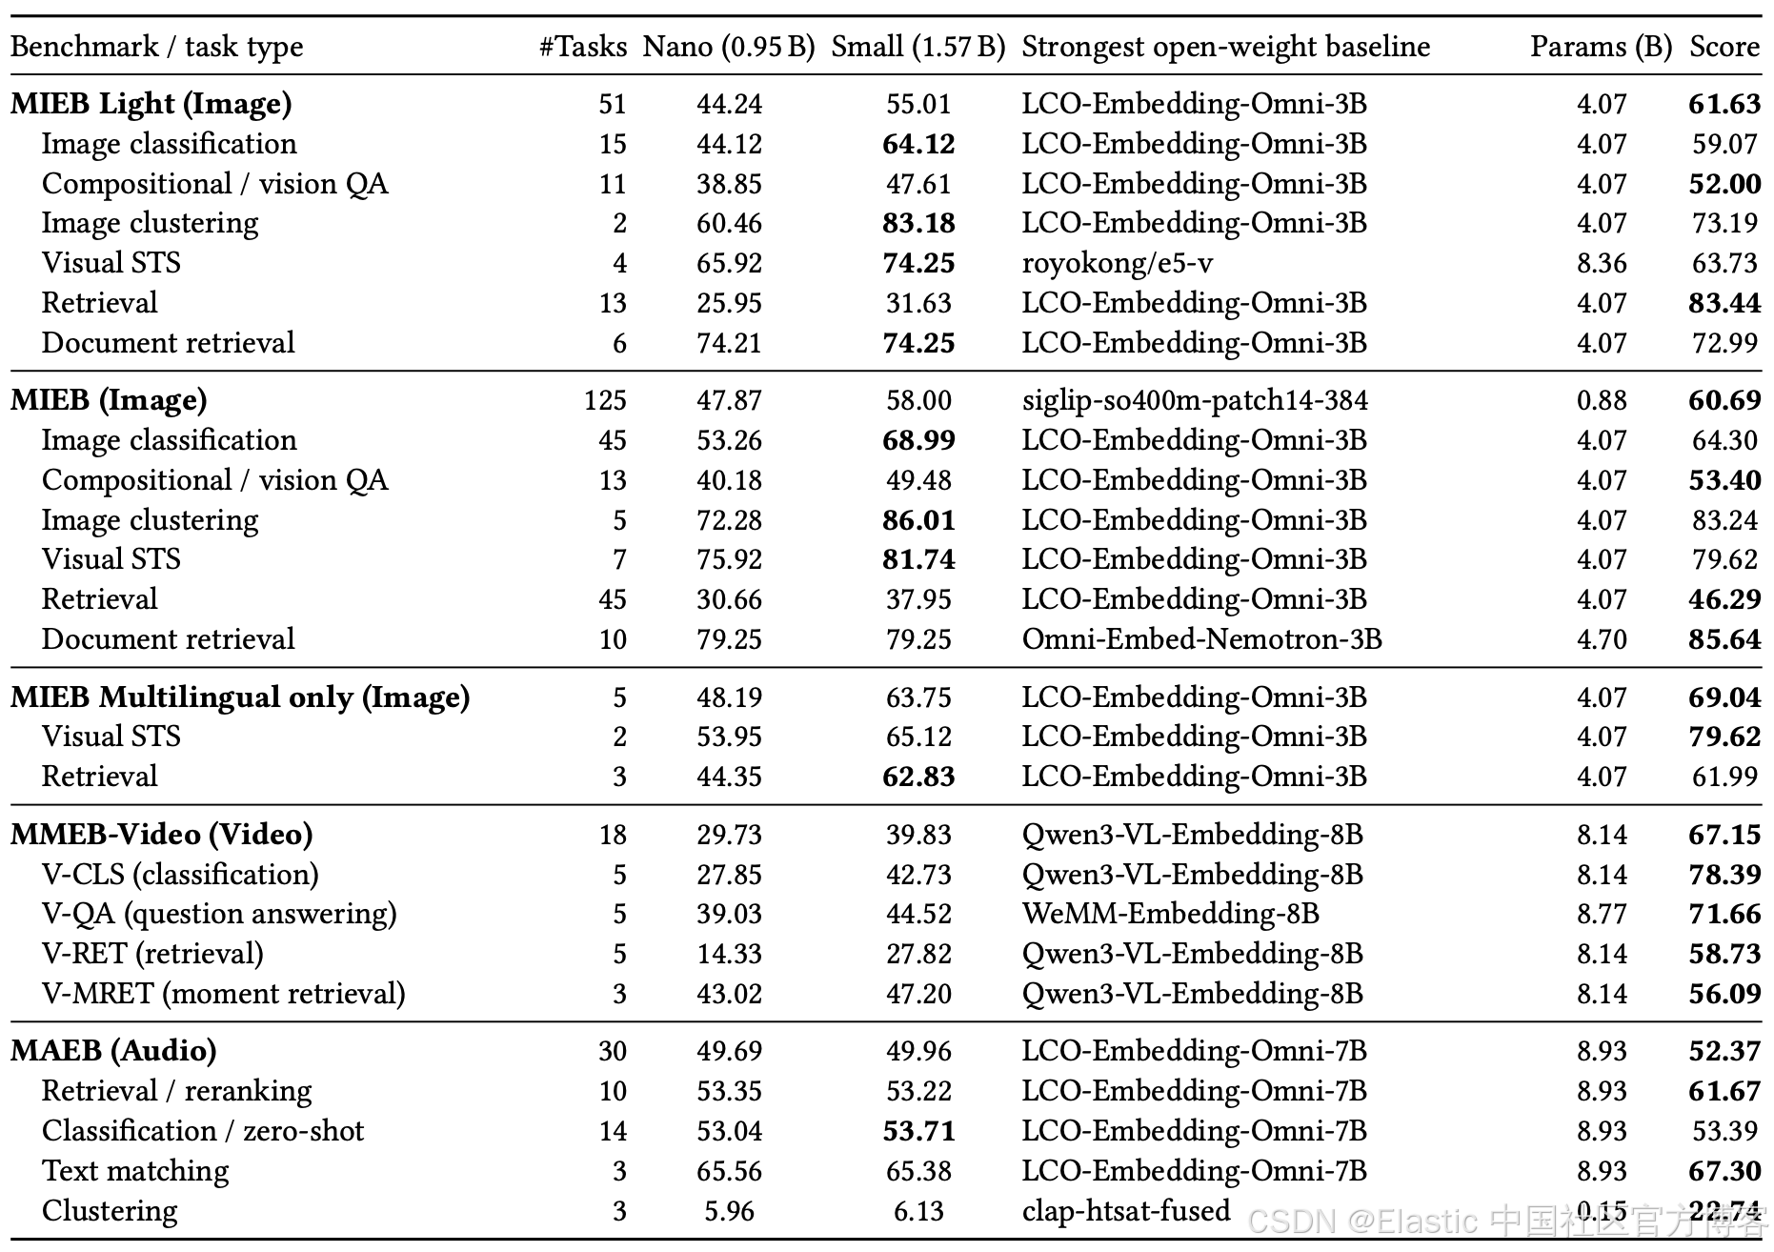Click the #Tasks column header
pyautogui.click(x=582, y=47)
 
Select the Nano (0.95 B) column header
pyautogui.click(x=729, y=47)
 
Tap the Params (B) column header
pyautogui.click(x=1601, y=47)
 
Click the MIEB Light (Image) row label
pyautogui.click(x=151, y=104)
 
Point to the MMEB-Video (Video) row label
pyautogui.click(x=162, y=835)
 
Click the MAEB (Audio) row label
pyautogui.click(x=113, y=1051)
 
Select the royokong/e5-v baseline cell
pyautogui.click(x=1118, y=263)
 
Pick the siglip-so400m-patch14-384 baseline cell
pyautogui.click(x=1195, y=400)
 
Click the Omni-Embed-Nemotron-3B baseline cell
pyautogui.click(x=1201, y=639)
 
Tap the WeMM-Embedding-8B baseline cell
pyautogui.click(x=1170, y=914)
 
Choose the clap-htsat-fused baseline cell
pyautogui.click(x=1126, y=1211)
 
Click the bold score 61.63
pyautogui.click(x=1724, y=104)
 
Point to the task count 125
pyautogui.click(x=605, y=400)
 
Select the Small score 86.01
pyautogui.click(x=918, y=520)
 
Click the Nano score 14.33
pyautogui.click(x=729, y=954)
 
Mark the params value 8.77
pyautogui.click(x=1601, y=914)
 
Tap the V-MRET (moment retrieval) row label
pyautogui.click(x=224, y=994)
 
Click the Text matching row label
pyautogui.click(x=135, y=1171)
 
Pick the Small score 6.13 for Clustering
pyautogui.click(x=918, y=1211)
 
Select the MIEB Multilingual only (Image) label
pyautogui.click(x=240, y=697)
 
